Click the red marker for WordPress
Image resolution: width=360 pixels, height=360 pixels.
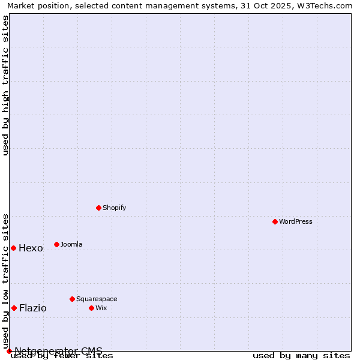click(x=275, y=221)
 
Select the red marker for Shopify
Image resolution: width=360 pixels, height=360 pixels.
click(x=99, y=208)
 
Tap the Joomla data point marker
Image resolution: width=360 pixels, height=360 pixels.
click(x=57, y=244)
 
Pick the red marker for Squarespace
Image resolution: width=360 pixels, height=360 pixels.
click(x=73, y=299)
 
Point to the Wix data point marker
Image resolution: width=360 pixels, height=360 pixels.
click(x=92, y=308)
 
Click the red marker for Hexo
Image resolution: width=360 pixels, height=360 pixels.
click(x=14, y=248)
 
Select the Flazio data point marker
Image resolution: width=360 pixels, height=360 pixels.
click(x=14, y=308)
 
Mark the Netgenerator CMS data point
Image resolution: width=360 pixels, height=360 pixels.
click(x=9, y=351)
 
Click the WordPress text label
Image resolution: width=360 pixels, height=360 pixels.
click(x=296, y=221)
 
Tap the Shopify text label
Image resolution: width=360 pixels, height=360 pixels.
click(x=114, y=208)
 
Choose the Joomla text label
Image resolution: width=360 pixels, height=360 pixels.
click(x=71, y=244)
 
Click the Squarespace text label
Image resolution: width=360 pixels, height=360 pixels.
click(x=97, y=299)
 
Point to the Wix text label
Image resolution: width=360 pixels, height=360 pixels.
click(x=101, y=308)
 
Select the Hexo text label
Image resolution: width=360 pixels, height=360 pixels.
click(x=31, y=248)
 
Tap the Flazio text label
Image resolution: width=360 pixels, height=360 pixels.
click(x=32, y=308)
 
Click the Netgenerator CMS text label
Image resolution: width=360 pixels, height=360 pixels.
click(x=58, y=351)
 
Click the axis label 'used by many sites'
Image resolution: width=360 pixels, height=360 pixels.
click(x=301, y=356)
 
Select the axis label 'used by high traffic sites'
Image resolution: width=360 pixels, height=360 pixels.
click(x=6, y=85)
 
